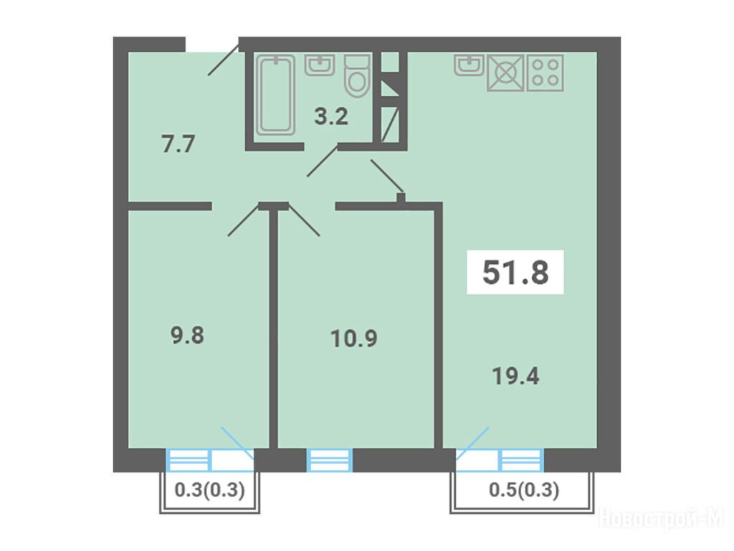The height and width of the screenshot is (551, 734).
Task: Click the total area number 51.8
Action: (515, 272)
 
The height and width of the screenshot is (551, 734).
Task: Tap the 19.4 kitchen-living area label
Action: (515, 376)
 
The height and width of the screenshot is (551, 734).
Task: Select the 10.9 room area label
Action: (354, 339)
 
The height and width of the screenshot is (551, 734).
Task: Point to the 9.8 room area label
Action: (187, 336)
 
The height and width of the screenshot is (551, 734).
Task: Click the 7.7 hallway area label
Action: (178, 143)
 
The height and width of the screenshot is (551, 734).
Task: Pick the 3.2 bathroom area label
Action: (331, 116)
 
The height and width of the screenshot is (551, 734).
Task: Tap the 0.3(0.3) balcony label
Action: (210, 491)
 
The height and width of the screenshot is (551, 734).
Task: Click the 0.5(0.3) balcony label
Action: (524, 490)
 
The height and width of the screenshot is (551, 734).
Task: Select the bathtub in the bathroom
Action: (276, 95)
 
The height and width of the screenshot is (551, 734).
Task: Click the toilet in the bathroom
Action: (357, 76)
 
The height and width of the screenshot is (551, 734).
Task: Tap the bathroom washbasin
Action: (320, 65)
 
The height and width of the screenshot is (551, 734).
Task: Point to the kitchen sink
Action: (469, 65)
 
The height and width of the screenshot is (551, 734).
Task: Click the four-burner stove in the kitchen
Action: (545, 72)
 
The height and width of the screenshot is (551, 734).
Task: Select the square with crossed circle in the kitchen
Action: (505, 72)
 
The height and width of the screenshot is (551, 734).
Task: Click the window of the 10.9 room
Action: (330, 460)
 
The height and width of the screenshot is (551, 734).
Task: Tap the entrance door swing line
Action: (224, 59)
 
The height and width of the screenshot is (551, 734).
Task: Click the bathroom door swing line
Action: (322, 161)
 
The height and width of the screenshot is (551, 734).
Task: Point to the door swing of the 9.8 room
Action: (244, 220)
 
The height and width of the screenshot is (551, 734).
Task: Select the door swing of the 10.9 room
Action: (304, 220)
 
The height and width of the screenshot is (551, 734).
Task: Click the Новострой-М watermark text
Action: (662, 519)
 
